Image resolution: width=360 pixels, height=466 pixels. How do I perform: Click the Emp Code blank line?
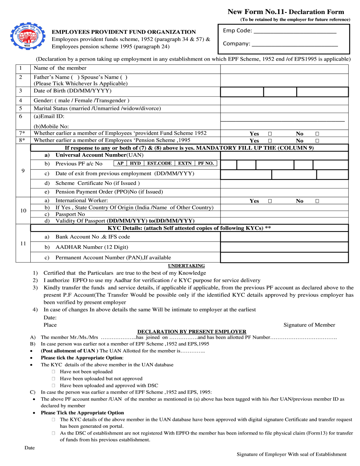click(295, 31)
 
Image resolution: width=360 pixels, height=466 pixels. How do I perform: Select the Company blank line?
click(294, 44)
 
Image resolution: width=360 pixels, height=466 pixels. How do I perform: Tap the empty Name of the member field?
click(284, 69)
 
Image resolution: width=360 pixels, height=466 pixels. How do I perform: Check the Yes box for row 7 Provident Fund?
click(270, 134)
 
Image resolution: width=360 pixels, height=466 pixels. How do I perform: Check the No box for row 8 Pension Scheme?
click(317, 141)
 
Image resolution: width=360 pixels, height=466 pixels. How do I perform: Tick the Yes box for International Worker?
click(270, 201)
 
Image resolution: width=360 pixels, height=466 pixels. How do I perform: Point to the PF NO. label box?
click(206, 163)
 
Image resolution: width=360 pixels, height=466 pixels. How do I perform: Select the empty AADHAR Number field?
click(284, 247)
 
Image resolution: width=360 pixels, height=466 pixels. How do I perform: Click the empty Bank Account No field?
click(284, 237)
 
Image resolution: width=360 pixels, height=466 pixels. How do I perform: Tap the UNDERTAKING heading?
click(186, 266)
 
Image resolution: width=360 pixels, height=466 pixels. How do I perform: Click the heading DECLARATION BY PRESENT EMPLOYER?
click(192, 332)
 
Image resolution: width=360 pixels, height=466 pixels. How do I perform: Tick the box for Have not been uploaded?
click(53, 372)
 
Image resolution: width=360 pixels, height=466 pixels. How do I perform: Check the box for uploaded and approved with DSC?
click(53, 385)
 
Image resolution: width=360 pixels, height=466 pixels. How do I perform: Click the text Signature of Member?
click(309, 325)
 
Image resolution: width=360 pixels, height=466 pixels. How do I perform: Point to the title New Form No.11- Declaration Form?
click(286, 12)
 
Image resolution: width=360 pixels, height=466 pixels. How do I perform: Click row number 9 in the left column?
click(23, 171)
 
